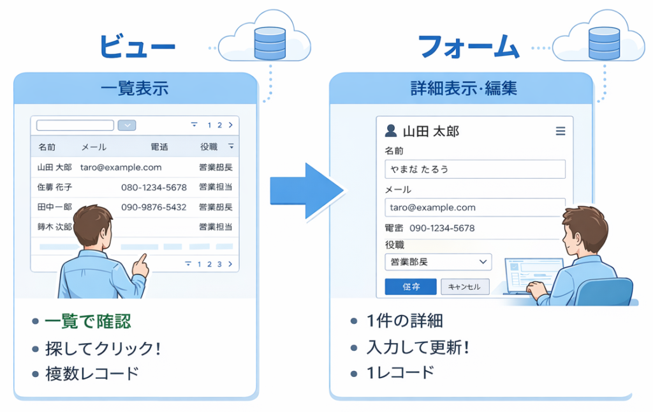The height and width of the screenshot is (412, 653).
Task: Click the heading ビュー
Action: (x=136, y=46)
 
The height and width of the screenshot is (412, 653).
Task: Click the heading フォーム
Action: (x=468, y=46)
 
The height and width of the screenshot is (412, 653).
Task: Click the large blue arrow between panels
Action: (x=305, y=191)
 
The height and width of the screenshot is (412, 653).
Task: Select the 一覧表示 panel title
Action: (x=135, y=88)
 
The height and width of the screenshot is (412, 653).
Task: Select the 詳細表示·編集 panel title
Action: (x=464, y=88)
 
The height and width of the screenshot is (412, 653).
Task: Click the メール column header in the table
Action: (x=94, y=147)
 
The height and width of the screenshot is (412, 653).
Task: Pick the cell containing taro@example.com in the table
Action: (x=121, y=167)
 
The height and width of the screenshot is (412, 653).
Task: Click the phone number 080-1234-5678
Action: (x=154, y=187)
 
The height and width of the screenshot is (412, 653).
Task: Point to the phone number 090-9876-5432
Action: (x=154, y=207)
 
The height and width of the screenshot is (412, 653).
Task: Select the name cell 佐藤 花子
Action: (x=55, y=187)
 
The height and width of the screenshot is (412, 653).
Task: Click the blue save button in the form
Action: (x=411, y=287)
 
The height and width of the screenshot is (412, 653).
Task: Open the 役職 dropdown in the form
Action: (x=438, y=262)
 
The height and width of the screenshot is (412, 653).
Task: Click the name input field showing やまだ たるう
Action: (x=475, y=169)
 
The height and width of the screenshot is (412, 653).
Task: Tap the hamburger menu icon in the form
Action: (x=561, y=131)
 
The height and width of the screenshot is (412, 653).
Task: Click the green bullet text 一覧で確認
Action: (x=88, y=321)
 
